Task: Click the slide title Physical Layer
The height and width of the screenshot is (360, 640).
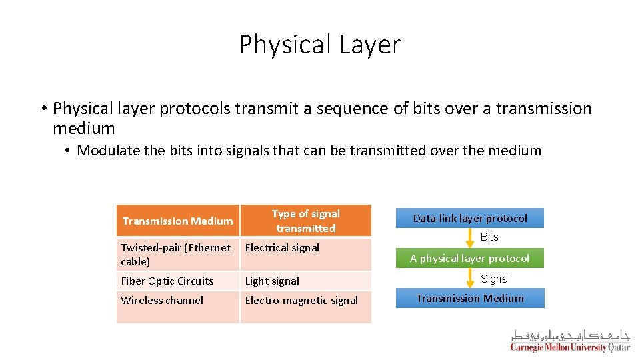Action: pyautogui.click(x=319, y=45)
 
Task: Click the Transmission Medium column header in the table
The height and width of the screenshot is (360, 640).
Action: pyautogui.click(x=177, y=221)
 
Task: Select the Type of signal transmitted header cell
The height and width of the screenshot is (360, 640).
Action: pyautogui.click(x=305, y=221)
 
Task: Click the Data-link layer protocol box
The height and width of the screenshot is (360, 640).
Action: pyautogui.click(x=470, y=218)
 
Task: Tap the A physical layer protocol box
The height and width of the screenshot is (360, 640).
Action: pyautogui.click(x=470, y=258)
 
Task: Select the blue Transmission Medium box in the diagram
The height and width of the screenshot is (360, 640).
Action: pyautogui.click(x=470, y=298)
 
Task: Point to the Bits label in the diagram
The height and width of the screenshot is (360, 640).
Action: pyautogui.click(x=489, y=237)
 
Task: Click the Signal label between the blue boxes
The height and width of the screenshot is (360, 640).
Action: pyautogui.click(x=495, y=279)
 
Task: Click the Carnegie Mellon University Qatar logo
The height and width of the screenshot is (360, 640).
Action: pyautogui.click(x=570, y=341)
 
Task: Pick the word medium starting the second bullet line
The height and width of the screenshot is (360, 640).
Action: pyautogui.click(x=84, y=128)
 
